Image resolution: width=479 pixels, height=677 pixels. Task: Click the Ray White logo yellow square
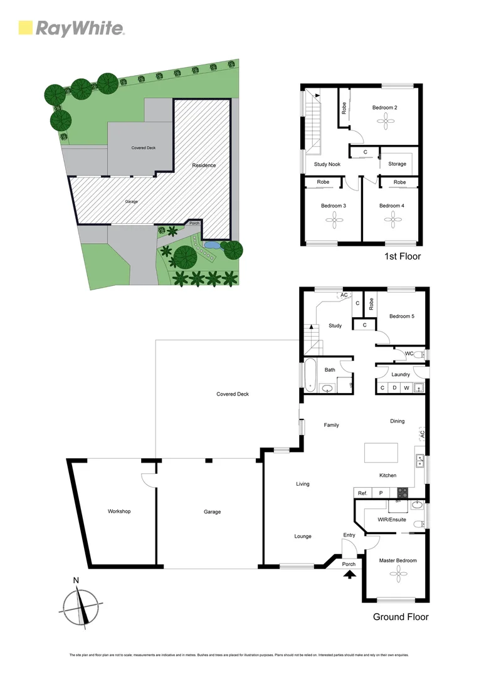pos(26,28)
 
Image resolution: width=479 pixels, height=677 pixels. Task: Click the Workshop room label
pos(118,512)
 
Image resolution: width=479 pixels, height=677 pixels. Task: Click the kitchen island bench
pos(381,451)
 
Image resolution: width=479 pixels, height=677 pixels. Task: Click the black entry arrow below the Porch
pos(349,574)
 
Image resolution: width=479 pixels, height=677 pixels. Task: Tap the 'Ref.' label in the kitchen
pos(362,493)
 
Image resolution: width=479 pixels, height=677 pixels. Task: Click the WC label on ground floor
pos(409,354)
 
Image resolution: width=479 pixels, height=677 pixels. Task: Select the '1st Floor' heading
pos(402,256)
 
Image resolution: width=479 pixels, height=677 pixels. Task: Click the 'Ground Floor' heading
pos(401,617)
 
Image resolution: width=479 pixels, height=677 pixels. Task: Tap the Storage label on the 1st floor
pos(397,164)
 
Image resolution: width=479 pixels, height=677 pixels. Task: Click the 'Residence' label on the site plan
pos(204,165)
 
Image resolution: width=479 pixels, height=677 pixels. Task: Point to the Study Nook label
pos(327,164)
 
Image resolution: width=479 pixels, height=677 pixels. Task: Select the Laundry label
pos(401,375)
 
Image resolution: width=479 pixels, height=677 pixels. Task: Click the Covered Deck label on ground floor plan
pos(233,394)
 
